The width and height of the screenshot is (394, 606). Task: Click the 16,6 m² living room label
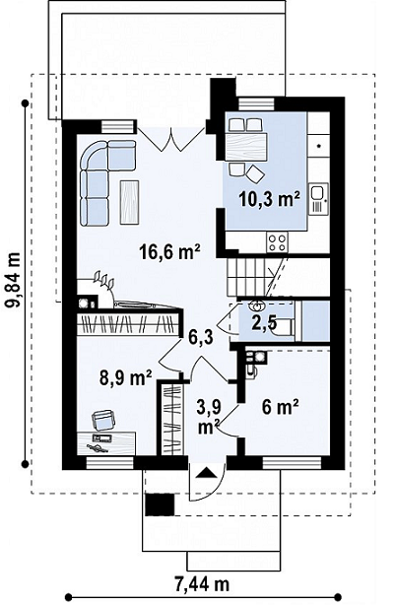pos(169,252)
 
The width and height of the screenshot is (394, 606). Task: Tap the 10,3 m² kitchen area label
pos(270,199)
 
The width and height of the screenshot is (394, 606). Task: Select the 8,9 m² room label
pos(125,377)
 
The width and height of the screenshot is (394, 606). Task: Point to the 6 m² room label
pos(280,407)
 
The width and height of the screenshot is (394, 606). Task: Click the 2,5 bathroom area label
pos(264,323)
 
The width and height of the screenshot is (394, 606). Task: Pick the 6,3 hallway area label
pos(200,337)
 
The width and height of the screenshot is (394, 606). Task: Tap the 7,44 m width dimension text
pos(202,584)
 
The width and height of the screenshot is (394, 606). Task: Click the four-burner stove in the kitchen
pos(277,242)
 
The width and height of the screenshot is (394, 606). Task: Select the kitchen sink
pos(318,199)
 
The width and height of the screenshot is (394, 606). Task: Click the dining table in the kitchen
pos(245,147)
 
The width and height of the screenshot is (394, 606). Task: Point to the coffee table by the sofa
pos(129,202)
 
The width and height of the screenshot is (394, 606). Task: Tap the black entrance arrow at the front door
pos(206,473)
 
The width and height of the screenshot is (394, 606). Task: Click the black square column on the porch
pos(160,505)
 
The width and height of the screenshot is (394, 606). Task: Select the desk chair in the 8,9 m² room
pos(103,421)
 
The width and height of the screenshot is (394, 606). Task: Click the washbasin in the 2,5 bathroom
pos(257,306)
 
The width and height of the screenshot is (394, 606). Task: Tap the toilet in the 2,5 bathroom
pos(285,327)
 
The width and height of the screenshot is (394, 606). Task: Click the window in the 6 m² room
pos(292,462)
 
